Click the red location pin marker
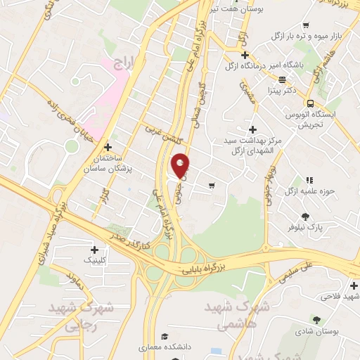pyautogui.click(x=180, y=165)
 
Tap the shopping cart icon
pyautogui.click(x=212, y=186)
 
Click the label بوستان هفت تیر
pyautogui.click(x=232, y=9)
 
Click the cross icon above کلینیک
pyautogui.click(x=95, y=249)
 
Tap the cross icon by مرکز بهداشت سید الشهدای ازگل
pyautogui.click(x=252, y=129)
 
